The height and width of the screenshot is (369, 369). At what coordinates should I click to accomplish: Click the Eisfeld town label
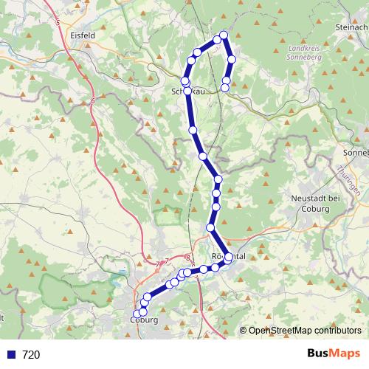[x=78, y=35]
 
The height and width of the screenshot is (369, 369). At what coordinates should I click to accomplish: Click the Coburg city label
[x=144, y=320]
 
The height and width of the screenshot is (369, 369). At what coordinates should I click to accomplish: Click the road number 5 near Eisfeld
[x=58, y=23]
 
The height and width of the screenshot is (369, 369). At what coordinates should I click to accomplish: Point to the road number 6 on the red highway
[x=94, y=101]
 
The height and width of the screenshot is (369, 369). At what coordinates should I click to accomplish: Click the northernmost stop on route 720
[x=224, y=35]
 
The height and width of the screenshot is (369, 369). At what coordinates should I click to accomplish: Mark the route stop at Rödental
[x=229, y=257]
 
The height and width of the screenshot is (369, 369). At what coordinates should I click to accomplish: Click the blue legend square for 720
[x=10, y=354]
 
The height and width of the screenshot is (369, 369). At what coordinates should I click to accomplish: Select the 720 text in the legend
[x=31, y=354]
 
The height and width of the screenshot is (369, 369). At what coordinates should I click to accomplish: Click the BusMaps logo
[x=334, y=354]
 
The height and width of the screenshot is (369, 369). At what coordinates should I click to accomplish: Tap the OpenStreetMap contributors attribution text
[x=305, y=330]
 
